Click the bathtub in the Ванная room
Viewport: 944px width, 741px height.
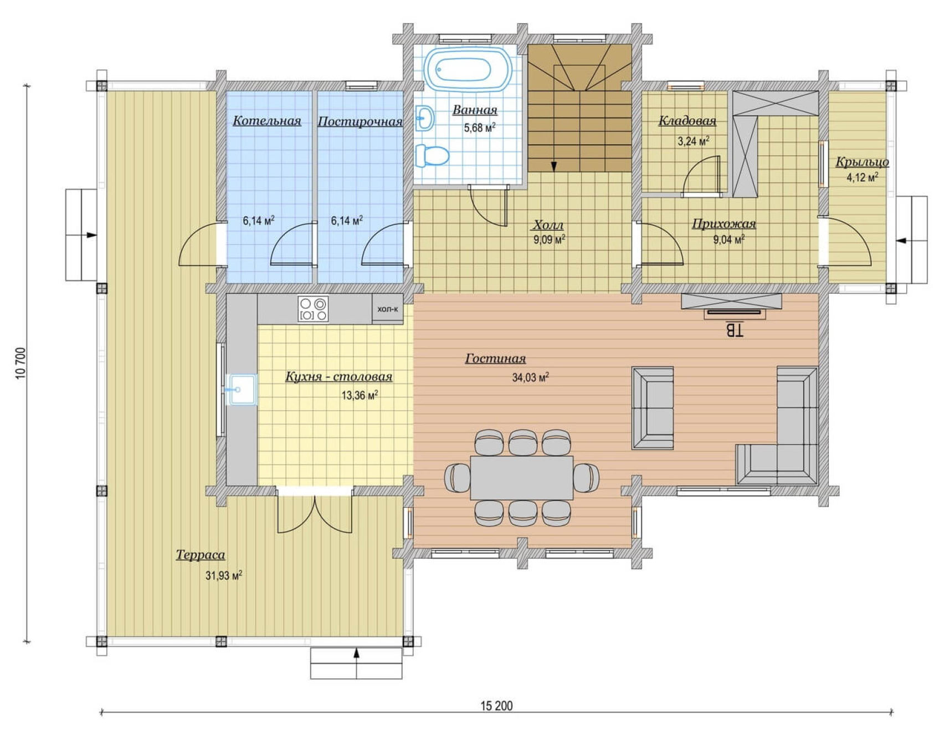(468, 69)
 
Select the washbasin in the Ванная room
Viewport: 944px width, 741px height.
(424, 118)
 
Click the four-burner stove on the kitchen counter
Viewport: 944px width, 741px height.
(313, 309)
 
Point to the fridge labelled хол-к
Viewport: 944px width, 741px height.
(387, 309)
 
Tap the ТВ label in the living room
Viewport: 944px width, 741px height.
(734, 330)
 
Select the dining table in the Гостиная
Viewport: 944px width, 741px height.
(521, 478)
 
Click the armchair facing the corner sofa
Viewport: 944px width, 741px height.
(653, 407)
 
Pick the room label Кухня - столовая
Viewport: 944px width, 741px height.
(338, 377)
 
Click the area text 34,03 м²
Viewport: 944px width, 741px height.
(530, 377)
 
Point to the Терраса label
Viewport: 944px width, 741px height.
(201, 555)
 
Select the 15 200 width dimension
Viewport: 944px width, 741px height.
(496, 706)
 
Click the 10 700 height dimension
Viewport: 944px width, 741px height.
(20, 364)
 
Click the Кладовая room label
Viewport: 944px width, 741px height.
(687, 121)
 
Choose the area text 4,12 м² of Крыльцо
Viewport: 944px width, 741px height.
(862, 177)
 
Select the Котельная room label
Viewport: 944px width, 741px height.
(267, 121)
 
